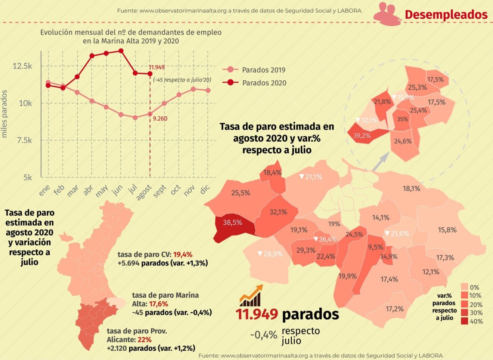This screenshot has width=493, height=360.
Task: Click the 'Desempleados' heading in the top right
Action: coord(446,15)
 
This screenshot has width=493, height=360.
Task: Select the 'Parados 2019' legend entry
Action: coord(263,70)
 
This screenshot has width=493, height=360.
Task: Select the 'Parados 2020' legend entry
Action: coord(264,83)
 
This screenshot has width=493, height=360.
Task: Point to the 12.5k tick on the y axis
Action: coord(22,66)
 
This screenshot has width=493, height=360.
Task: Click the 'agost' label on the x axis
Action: coord(144,192)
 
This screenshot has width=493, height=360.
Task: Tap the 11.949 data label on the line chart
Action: coord(156,67)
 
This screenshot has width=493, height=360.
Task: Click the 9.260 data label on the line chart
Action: coord(160,119)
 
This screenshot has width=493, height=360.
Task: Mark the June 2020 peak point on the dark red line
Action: coord(121,50)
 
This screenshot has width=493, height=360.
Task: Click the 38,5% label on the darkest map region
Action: coord(232,222)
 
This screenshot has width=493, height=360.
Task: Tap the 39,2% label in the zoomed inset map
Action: coord(362,136)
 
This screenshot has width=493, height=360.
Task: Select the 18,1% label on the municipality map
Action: coord(411,188)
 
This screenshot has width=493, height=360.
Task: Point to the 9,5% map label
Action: coord(375,247)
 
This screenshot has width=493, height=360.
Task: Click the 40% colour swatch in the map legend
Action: coord(465,321)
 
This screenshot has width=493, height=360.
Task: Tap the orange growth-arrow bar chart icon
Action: coord(251,295)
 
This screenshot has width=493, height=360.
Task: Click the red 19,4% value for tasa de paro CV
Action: coord(183,254)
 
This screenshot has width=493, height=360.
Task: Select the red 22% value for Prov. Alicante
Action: coord(144,339)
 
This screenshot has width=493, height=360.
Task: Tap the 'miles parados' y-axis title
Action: coord(4,114)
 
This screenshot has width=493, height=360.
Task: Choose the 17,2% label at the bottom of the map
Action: coord(394,309)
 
